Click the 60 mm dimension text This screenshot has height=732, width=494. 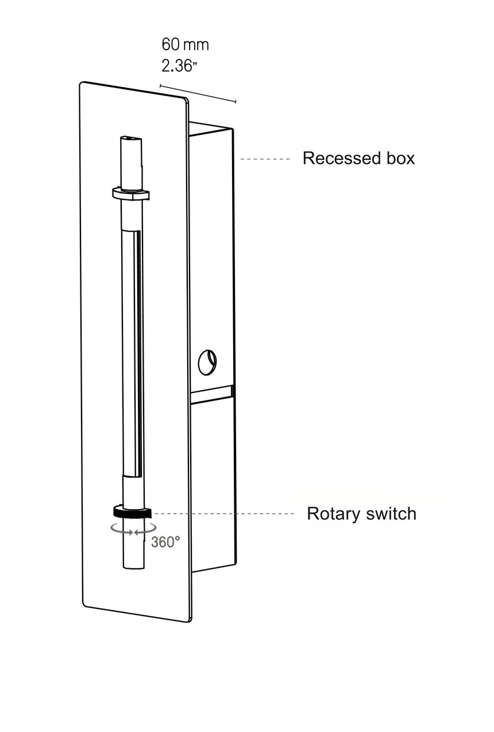(185, 44)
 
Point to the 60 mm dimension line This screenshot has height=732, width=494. (198, 94)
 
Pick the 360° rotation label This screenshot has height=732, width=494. (165, 542)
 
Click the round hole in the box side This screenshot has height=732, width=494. (207, 362)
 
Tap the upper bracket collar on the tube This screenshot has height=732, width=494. (131, 194)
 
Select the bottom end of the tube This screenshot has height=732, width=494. (133, 568)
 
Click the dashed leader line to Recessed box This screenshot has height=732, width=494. (265, 159)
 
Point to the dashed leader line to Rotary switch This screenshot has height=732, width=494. (224, 514)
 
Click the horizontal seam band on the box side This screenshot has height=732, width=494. (211, 395)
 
